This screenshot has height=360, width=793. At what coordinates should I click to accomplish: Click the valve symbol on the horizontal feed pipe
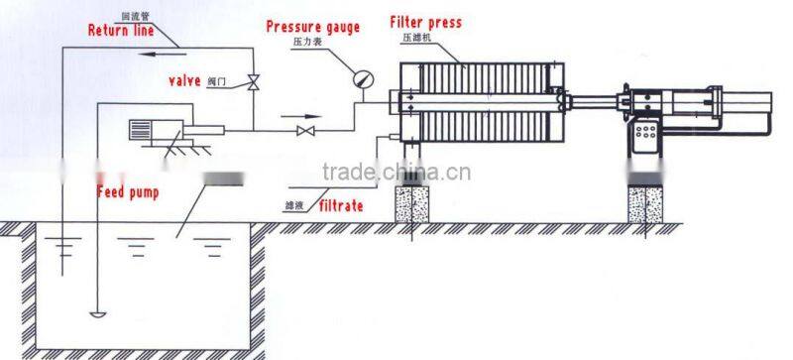[306, 130]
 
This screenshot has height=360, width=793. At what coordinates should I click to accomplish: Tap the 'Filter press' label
[425, 22]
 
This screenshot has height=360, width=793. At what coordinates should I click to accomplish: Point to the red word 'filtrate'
[341, 205]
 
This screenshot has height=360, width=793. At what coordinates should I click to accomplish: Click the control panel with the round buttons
[648, 136]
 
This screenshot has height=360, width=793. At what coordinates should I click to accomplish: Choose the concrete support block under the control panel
[647, 201]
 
